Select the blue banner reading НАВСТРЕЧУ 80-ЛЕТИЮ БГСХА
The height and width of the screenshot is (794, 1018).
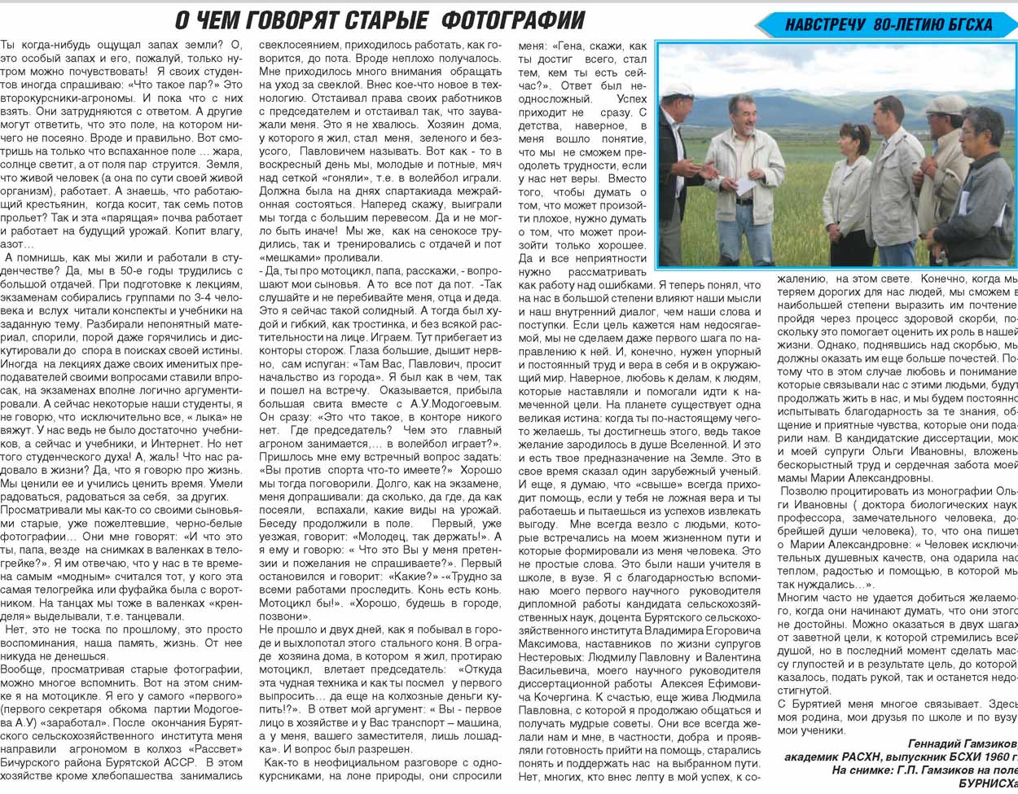889,25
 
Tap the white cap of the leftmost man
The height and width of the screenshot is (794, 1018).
678,89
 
